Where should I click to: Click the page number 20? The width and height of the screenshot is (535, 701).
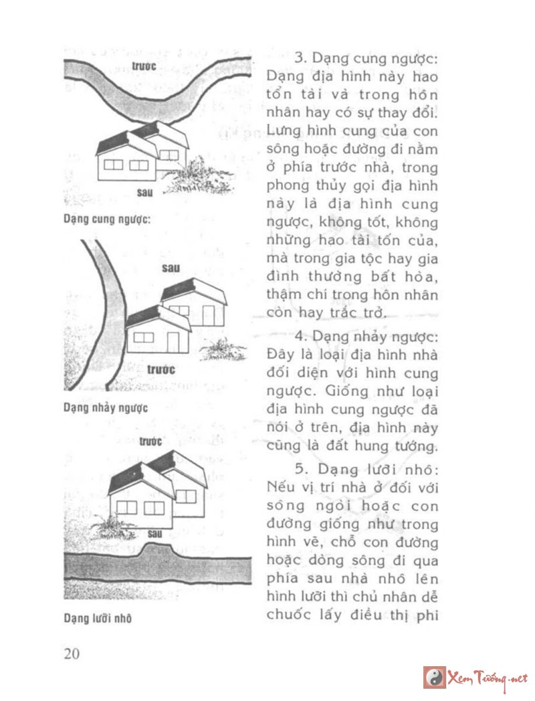[x=72, y=654]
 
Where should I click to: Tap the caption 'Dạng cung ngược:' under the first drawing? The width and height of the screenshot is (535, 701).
[x=106, y=219]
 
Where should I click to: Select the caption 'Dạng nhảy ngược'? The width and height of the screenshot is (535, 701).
[x=106, y=407]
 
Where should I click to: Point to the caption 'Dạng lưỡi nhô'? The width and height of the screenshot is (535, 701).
[x=98, y=619]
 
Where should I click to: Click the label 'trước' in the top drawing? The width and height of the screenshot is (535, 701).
[x=144, y=66]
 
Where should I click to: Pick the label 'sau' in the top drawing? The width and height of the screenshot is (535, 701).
[x=144, y=193]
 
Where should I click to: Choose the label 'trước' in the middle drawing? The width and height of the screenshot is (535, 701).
[x=160, y=369]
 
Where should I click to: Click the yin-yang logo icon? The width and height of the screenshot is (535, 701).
[x=434, y=677]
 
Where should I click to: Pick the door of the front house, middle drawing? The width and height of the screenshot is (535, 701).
[x=173, y=342]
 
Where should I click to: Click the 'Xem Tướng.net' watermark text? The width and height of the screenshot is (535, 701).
[x=488, y=677]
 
